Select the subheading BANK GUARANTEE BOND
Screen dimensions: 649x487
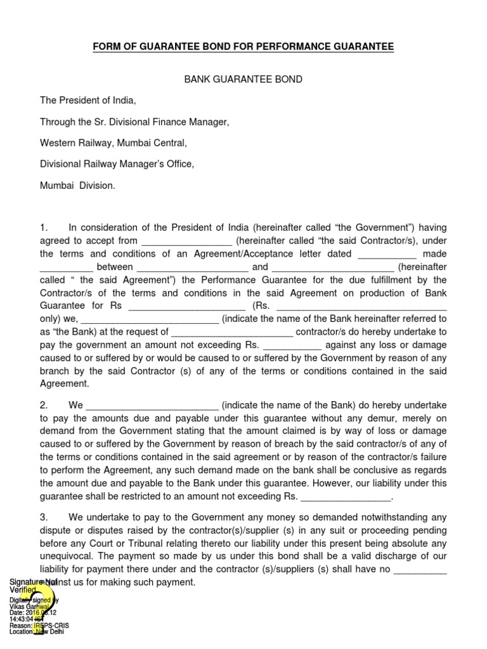[x=243, y=79]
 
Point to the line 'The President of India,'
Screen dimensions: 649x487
[x=88, y=100]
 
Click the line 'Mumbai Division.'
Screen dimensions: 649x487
[x=77, y=186]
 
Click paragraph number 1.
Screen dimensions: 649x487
[x=43, y=228]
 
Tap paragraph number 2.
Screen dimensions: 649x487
[x=43, y=404]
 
